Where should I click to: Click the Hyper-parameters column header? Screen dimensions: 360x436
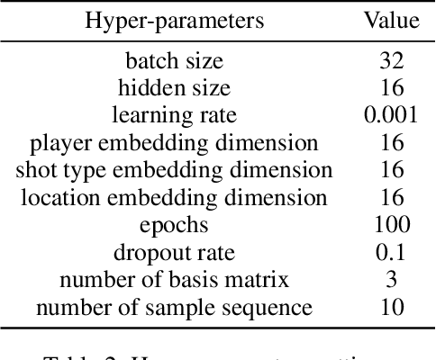click(x=175, y=21)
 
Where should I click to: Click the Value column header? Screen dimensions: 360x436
click(x=390, y=21)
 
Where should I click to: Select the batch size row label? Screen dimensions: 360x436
click(x=175, y=62)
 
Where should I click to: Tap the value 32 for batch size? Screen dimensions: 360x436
click(x=390, y=62)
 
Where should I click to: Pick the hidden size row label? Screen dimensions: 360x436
click(x=175, y=89)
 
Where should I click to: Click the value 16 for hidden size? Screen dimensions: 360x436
click(x=390, y=89)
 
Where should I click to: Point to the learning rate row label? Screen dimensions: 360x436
click(x=175, y=116)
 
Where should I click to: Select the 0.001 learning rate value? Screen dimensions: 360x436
click(x=390, y=116)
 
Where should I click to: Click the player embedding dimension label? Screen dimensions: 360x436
click(x=175, y=143)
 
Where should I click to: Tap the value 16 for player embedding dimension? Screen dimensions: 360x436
click(x=390, y=143)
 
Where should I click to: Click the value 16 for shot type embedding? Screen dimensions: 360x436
click(x=390, y=170)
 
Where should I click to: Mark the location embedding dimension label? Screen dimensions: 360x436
click(x=175, y=198)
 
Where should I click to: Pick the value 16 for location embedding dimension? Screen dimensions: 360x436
click(x=390, y=198)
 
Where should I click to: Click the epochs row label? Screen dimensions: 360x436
click(x=175, y=226)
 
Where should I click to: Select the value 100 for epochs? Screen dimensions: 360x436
click(x=390, y=226)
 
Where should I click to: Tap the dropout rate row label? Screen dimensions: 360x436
click(x=175, y=253)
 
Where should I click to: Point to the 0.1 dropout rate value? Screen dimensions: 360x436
click(x=390, y=253)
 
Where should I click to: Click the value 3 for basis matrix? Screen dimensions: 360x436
click(x=390, y=280)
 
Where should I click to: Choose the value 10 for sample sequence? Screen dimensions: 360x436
click(x=390, y=308)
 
